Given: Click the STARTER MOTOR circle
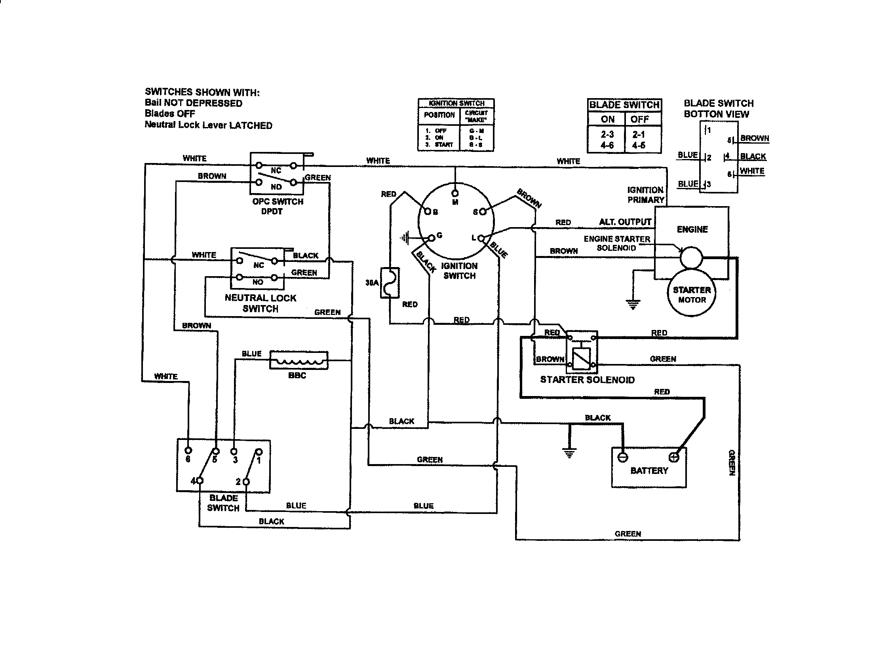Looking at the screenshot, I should (691, 294).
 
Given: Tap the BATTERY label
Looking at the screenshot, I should (649, 470).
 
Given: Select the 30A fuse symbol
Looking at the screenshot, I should (390, 282).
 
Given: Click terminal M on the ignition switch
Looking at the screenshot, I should (455, 193).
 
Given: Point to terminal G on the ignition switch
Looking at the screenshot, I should (432, 238).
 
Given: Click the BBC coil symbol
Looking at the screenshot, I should (299, 360).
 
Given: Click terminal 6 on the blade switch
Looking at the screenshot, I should (188, 451).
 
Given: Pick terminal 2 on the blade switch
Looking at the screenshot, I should (246, 482).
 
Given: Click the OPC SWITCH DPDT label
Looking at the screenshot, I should (278, 207).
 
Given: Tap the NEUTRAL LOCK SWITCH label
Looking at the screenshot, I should (261, 303).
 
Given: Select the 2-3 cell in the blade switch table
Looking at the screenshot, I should (607, 135).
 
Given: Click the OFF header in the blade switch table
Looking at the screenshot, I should (639, 119).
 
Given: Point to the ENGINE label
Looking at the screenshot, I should (692, 229).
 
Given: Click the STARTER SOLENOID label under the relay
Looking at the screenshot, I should (587, 380).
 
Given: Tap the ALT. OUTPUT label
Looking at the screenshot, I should (625, 222).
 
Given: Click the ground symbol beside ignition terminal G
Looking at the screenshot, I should (405, 238).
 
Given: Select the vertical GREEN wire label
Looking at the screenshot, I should (731, 462).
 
